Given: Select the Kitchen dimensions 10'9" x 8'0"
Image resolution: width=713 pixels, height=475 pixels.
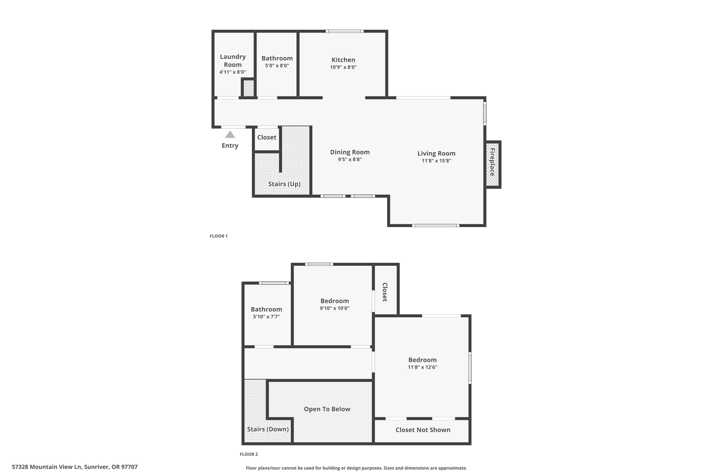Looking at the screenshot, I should [x=343, y=67].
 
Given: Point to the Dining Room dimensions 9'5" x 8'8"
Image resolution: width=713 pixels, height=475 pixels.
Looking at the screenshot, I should [x=350, y=159].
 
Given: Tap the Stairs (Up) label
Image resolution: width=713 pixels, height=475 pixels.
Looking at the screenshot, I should [x=284, y=184].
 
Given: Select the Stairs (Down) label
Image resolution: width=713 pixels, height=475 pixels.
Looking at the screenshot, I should [x=268, y=429].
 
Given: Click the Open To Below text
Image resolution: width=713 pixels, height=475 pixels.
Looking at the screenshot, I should [x=327, y=409].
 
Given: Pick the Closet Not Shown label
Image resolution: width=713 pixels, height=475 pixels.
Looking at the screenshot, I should [x=423, y=430].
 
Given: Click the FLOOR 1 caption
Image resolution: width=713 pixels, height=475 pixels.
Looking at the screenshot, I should [x=219, y=236].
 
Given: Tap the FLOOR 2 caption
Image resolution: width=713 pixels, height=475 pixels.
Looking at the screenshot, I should [x=249, y=454].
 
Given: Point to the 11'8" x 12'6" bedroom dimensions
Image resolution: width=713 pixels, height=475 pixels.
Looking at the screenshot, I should [x=422, y=367].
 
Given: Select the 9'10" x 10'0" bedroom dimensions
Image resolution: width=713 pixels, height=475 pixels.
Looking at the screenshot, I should [x=334, y=308].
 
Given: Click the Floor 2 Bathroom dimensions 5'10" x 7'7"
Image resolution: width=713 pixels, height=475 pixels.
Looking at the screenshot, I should [x=266, y=317].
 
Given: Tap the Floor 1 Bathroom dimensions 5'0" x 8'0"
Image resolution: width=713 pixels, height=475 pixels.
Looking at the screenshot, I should [x=277, y=66].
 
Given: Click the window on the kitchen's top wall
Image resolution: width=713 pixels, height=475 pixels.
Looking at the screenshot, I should [x=345, y=31].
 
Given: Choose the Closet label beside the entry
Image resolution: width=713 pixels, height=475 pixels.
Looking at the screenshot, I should [x=266, y=137].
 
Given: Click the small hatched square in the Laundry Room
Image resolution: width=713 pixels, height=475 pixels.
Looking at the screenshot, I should [x=249, y=88].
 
